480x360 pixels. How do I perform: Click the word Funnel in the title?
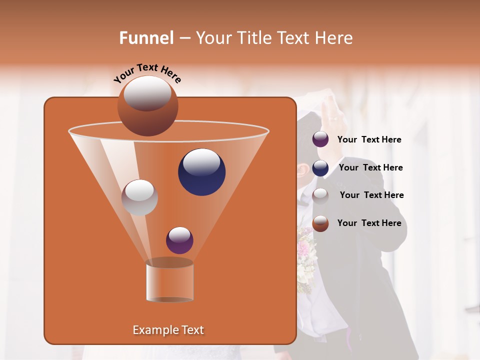tap(146, 38)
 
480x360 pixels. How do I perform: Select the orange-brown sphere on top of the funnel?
tap(147, 106)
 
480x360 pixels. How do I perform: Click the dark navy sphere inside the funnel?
tap(201, 172)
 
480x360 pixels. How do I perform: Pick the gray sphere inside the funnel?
tap(139, 197)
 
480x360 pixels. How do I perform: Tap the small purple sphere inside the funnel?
tap(179, 240)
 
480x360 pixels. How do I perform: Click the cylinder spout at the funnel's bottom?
tap(169, 280)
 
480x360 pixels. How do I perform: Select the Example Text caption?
tap(168, 330)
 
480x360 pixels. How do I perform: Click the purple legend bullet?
tap(320, 139)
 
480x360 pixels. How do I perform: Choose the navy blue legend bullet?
tap(320, 168)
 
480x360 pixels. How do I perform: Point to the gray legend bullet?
tap(320, 195)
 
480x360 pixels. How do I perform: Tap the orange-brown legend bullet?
tap(320, 223)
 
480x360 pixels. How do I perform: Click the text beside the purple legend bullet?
tap(369, 140)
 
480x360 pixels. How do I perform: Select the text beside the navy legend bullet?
tap(370, 168)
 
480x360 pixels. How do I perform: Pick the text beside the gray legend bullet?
tap(371, 195)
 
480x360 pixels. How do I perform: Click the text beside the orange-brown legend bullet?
tap(369, 223)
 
